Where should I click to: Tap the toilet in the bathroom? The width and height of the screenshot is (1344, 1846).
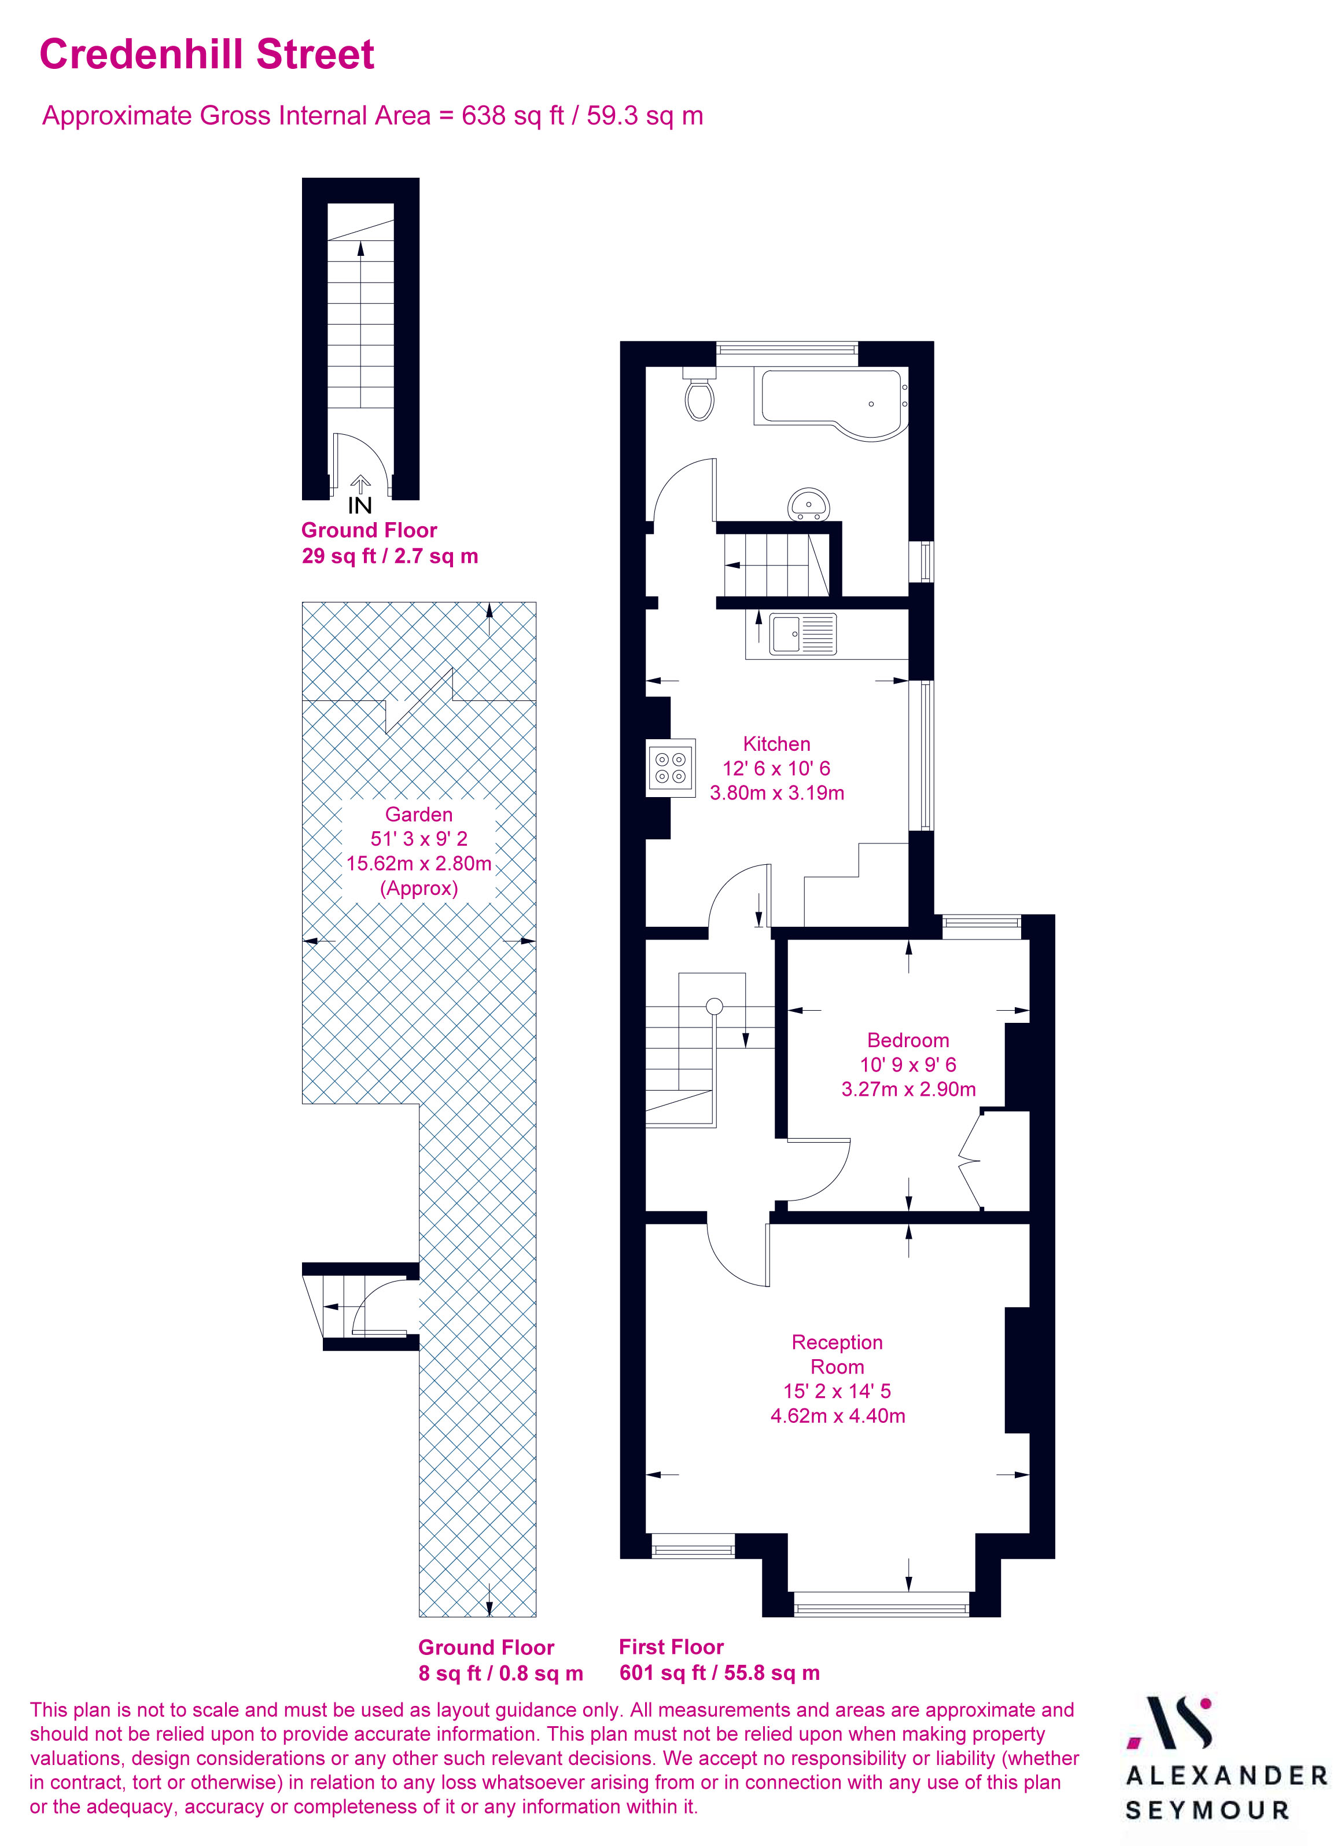tap(699, 397)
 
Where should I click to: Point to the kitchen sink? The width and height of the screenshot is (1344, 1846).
tap(803, 634)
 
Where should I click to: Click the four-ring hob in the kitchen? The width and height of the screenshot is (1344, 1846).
tap(671, 768)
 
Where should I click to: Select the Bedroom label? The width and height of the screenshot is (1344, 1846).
tap(908, 1040)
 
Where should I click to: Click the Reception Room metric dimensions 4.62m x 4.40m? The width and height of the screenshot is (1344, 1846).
tap(837, 1415)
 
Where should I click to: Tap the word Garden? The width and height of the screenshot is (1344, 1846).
tap(419, 814)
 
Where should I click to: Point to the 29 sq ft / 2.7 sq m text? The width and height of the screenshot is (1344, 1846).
tap(390, 557)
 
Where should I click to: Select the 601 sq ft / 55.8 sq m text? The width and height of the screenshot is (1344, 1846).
tap(719, 1673)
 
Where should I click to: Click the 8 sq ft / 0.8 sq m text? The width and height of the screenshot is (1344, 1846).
tap(500, 1673)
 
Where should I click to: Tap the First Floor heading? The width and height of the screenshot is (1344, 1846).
tap(671, 1647)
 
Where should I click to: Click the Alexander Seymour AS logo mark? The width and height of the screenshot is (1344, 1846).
tap(1169, 1724)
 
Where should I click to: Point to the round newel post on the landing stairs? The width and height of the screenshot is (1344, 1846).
tap(715, 1007)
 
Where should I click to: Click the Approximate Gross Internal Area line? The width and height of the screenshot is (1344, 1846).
tap(373, 116)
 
